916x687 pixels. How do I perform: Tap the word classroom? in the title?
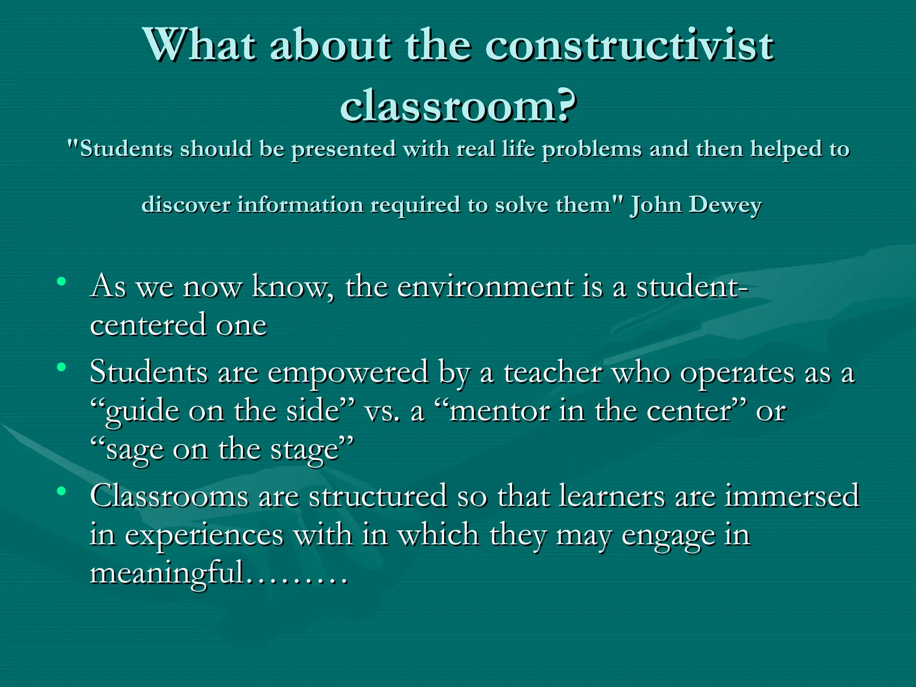tap(458, 106)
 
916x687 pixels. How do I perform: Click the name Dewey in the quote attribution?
tap(725, 205)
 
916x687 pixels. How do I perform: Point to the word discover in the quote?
tap(186, 205)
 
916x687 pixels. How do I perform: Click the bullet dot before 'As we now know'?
tap(61, 282)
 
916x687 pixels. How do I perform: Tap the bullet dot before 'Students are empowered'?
tap(61, 368)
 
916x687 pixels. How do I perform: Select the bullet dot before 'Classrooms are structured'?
tap(61, 491)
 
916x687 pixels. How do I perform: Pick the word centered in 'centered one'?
tap(148, 325)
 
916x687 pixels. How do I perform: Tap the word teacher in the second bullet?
tap(553, 372)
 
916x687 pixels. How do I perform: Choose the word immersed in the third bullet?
tap(791, 496)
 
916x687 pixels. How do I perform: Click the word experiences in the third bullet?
tap(204, 535)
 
